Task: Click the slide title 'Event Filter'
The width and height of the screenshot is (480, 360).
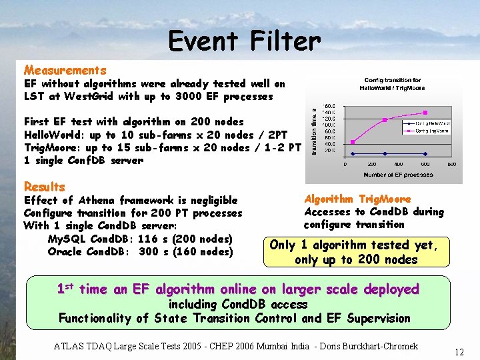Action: [x=244, y=41]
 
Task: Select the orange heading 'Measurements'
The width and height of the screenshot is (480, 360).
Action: [x=65, y=70]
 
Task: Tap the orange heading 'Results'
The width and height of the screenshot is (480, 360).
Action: [x=44, y=187]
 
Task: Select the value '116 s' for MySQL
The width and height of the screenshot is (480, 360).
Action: [x=151, y=239]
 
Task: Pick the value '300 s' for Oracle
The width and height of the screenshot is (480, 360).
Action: [x=151, y=251]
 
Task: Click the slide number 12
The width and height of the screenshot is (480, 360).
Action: [x=459, y=351]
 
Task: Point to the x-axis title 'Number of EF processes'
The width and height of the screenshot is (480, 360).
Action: [x=398, y=175]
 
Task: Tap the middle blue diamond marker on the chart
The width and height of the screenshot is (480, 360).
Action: [x=385, y=153]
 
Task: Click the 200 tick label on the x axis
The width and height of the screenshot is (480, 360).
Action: [x=371, y=164]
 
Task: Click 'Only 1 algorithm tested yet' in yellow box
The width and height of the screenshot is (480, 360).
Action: [x=354, y=245]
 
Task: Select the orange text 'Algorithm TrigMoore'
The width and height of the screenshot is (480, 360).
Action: [x=357, y=199]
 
